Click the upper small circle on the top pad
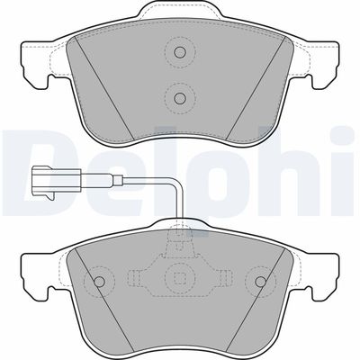click(x=180, y=52)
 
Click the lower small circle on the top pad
click(x=180, y=97)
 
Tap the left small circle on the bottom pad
click(x=99, y=281)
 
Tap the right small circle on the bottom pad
click(x=260, y=281)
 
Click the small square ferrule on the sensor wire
click(x=118, y=180)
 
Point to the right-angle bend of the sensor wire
click(x=179, y=182)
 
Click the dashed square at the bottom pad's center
click(x=180, y=279)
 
